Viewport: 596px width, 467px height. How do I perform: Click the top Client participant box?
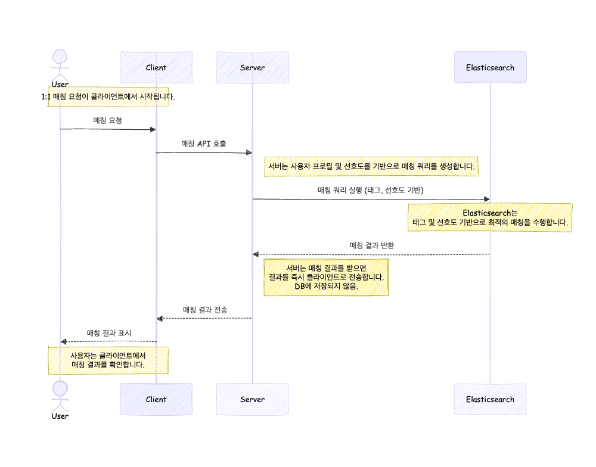tap(156, 67)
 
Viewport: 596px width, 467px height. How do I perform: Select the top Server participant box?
tap(252, 67)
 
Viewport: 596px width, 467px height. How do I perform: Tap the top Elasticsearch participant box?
tap(490, 67)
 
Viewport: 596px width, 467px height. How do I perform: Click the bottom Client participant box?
tap(156, 399)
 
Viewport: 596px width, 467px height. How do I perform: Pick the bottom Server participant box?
tap(252, 399)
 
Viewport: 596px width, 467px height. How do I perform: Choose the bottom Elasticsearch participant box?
tap(490, 399)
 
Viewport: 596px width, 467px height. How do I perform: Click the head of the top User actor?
tap(60, 57)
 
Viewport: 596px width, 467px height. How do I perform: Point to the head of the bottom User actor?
tap(60, 389)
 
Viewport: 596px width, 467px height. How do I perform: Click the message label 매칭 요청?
tap(108, 120)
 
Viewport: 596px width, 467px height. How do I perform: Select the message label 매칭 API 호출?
tap(204, 144)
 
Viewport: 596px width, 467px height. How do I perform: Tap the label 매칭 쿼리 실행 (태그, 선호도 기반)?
tap(371, 191)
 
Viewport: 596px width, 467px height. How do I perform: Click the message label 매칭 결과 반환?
tap(371, 245)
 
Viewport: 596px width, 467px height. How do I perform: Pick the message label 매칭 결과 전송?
tap(204, 310)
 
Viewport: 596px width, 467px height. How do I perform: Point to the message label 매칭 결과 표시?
tap(108, 333)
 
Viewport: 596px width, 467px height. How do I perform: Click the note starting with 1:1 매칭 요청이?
tap(108, 96)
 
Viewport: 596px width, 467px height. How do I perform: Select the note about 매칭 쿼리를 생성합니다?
tap(371, 167)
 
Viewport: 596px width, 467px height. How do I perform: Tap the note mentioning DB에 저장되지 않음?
tap(326, 277)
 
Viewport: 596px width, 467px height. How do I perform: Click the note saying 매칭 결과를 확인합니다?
tap(108, 360)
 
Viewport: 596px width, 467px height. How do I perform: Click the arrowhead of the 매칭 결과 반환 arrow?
tap(256, 254)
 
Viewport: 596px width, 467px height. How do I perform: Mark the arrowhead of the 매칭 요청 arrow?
tap(153, 129)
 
